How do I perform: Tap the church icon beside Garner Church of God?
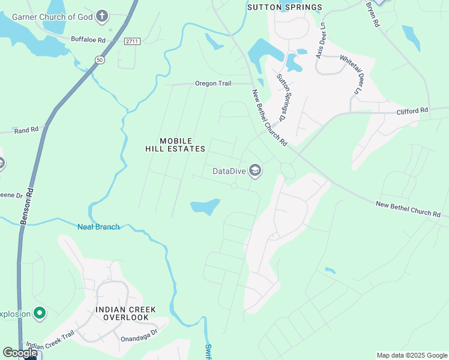pos(103,16)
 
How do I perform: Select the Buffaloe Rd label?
pos(88,40)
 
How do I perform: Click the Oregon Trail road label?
pos(213,83)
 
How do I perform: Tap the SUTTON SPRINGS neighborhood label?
pos(285,7)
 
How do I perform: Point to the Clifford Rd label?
pos(412,110)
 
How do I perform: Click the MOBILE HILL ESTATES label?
pos(175,145)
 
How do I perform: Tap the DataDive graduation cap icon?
pos(255,171)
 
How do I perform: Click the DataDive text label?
pos(229,171)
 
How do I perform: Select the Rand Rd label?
pos(26,129)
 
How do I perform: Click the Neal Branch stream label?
pos(98,226)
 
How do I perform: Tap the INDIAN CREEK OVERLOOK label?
pos(125,313)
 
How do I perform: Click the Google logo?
pos(19,353)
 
